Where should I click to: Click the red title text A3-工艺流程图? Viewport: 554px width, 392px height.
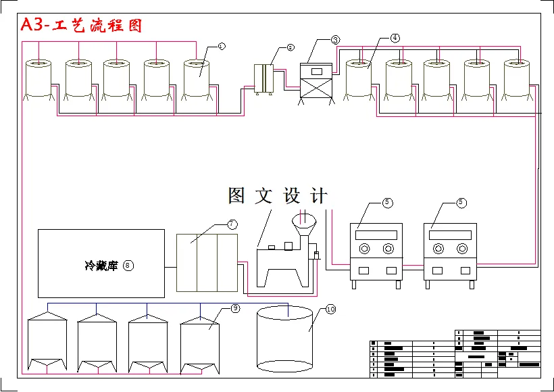(81, 26)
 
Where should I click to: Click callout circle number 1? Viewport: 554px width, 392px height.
(221, 45)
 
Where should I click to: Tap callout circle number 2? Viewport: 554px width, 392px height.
(290, 47)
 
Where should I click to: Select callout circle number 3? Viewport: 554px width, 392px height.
(336, 40)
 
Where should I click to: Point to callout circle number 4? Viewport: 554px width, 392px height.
(395, 39)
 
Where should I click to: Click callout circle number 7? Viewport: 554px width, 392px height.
(231, 223)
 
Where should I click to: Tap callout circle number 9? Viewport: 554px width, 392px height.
(234, 308)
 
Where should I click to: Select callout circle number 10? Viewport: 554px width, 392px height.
(330, 309)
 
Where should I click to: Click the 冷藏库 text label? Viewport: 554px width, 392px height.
(101, 266)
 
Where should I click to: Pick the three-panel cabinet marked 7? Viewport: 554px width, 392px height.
(207, 262)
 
